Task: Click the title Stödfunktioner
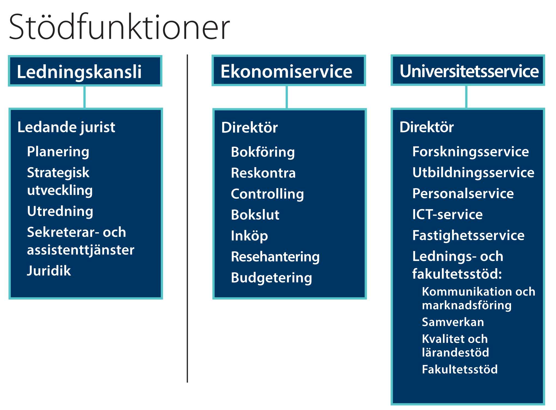pos(119,27)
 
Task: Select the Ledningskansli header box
pos(85,71)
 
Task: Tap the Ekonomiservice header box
pos(289,71)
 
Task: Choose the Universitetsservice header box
pos(468,70)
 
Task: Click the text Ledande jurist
pos(66,128)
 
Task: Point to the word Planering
pos(58,152)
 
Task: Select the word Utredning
pos(60,212)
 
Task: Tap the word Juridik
pos(49,271)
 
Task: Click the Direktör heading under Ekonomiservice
pos(249,128)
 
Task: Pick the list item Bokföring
pos(263,152)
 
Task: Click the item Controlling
pos(267,194)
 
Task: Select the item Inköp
pos(249,236)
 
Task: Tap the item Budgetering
pos(271,278)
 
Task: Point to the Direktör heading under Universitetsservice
pos(427,127)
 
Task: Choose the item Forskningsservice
pos(470,152)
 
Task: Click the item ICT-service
pos(447,214)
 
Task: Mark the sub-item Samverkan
pos(453,322)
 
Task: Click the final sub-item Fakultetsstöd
pos(460,369)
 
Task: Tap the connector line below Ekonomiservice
pos(287,97)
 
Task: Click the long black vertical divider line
pos(187,218)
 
